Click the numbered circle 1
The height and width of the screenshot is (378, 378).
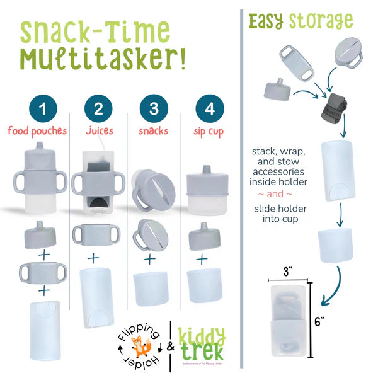pos(42,108)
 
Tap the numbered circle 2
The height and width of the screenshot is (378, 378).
pos(98,108)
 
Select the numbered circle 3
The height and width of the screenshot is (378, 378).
pos(153,108)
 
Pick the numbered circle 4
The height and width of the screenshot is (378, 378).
pos(209,108)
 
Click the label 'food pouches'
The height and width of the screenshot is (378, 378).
pos(42,132)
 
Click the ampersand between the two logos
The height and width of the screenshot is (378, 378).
pos(169,347)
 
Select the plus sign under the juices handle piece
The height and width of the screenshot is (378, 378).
pos(93,258)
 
